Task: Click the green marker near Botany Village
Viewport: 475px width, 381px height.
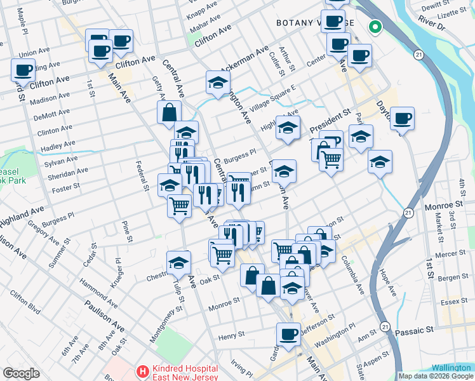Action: pos(375,27)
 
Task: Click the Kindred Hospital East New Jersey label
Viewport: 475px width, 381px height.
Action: pos(185,373)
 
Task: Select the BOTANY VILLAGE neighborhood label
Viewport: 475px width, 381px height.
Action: pos(315,22)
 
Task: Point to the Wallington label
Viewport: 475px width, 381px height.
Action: pos(451,368)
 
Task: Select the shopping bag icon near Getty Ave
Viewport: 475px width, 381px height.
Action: pos(170,112)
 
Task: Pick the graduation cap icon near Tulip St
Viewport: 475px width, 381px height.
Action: pos(179,262)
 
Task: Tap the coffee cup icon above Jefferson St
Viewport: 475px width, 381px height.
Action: pos(288,334)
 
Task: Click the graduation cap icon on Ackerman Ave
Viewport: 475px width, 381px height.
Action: pos(218,83)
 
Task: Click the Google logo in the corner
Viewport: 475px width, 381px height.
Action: pos(21,373)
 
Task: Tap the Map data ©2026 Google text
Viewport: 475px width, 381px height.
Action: pos(436,376)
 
